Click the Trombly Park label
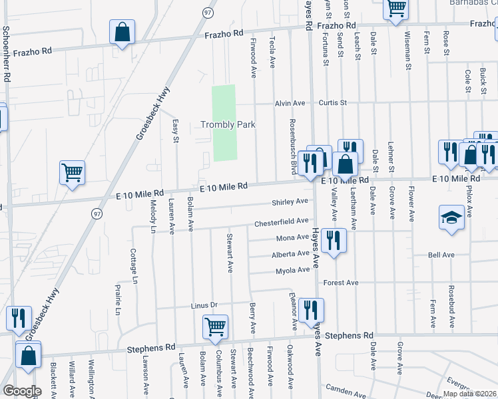click(x=228, y=124)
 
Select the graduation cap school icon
click(x=451, y=217)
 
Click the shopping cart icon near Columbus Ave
click(x=215, y=327)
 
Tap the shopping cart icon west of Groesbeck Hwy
click(x=72, y=173)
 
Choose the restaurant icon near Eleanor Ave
click(x=311, y=309)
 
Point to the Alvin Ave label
click(x=290, y=103)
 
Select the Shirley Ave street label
click(x=290, y=201)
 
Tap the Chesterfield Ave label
click(x=281, y=221)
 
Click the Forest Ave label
click(x=341, y=283)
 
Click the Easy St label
click(x=176, y=130)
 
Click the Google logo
click(x=22, y=391)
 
